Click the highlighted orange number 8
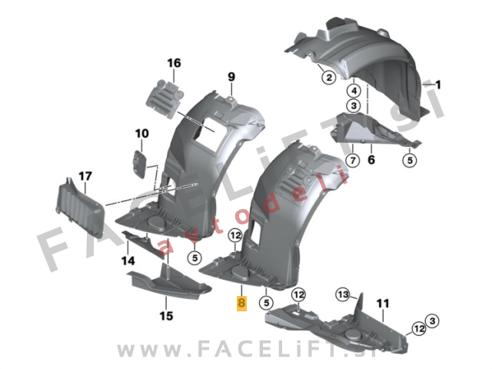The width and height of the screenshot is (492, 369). click(241, 303)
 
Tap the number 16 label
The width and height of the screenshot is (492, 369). click(175, 63)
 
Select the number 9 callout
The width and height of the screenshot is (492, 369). click(231, 77)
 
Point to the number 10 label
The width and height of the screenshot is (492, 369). click(141, 134)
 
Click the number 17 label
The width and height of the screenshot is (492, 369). click(85, 176)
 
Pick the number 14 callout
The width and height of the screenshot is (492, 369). click(128, 261)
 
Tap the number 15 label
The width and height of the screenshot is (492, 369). click(166, 316)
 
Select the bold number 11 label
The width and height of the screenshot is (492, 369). click(383, 304)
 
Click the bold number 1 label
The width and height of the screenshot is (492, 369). click(438, 85)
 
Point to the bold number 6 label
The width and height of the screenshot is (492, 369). click(371, 160)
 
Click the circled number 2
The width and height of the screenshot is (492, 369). click(329, 77)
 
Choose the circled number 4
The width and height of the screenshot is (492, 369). click(354, 91)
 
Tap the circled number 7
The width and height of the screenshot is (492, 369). click(353, 161)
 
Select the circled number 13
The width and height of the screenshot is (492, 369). click(343, 294)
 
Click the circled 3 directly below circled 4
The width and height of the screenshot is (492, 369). click(354, 106)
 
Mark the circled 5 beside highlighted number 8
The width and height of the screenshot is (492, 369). click(267, 303)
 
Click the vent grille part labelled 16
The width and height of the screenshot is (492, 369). click(165, 99)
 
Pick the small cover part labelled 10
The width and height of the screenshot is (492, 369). click(140, 164)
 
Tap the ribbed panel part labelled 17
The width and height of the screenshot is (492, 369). click(81, 208)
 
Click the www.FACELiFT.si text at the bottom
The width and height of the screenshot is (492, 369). click(247, 349)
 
